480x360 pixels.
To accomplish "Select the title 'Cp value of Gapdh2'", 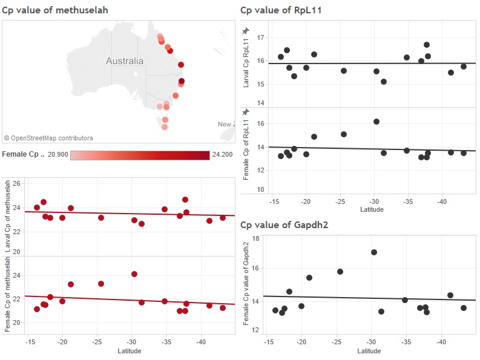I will (279, 225).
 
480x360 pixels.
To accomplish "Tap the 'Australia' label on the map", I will (125, 61).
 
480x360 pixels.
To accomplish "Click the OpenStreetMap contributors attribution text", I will (48, 139).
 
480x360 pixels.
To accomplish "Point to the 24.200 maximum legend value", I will (222, 155).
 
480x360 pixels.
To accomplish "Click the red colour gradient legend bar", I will (140, 155).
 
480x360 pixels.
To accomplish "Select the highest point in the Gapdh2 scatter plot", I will (374, 252).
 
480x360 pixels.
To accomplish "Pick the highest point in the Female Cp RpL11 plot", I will (376, 122).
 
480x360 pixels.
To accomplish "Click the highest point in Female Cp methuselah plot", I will (134, 274).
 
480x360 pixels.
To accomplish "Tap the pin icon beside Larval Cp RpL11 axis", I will (245, 31).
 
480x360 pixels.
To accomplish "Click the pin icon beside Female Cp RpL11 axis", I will (245, 112).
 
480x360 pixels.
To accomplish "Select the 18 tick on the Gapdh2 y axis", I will (255, 239).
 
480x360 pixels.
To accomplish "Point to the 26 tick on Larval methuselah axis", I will (17, 183).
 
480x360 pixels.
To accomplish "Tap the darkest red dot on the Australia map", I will (182, 81).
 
